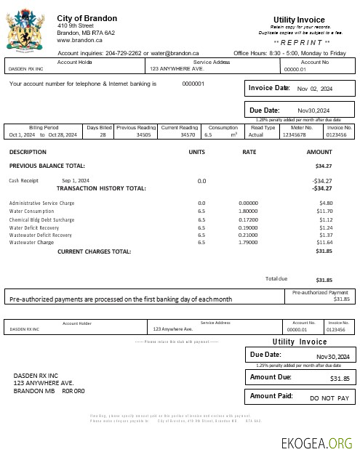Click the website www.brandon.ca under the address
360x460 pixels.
click(x=79, y=41)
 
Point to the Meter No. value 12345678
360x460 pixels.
click(x=295, y=135)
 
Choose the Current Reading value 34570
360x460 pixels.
click(x=188, y=135)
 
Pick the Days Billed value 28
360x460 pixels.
click(x=103, y=135)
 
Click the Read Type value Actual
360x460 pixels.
click(x=256, y=135)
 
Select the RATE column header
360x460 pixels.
click(x=249, y=152)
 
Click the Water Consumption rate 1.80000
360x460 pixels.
click(x=249, y=211)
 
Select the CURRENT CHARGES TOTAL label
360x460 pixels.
click(x=94, y=251)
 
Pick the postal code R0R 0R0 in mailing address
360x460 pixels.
click(x=73, y=391)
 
